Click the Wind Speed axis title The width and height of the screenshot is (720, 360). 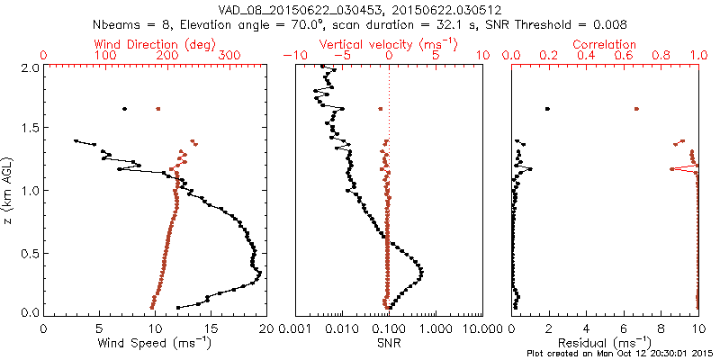pos(155,342)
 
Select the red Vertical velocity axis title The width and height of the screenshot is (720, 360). pos(388,44)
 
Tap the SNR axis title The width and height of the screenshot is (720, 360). pos(388,342)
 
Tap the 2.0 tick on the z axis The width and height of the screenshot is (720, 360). pos(31,67)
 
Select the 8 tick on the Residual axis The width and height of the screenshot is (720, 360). pos(661,328)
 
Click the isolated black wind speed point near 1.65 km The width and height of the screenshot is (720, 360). pos(124,109)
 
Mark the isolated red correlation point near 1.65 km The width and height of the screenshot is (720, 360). pos(636,109)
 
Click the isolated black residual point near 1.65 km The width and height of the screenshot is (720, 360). pos(547,109)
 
